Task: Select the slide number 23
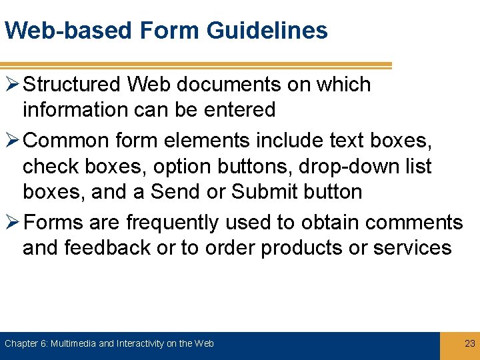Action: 469,343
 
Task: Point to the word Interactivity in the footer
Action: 141,343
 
